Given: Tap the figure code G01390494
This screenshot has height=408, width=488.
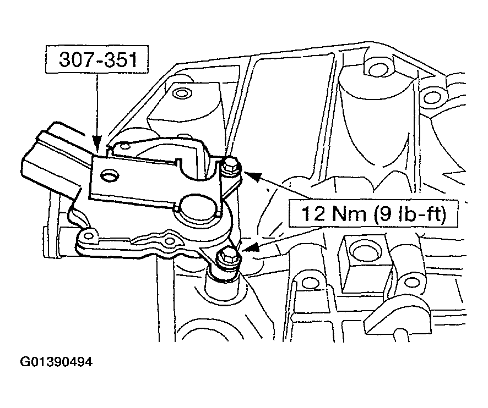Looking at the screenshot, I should click(56, 362).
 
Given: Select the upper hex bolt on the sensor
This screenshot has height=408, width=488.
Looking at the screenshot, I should click(231, 163).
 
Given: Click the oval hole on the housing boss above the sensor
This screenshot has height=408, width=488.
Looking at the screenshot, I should click(181, 92).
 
